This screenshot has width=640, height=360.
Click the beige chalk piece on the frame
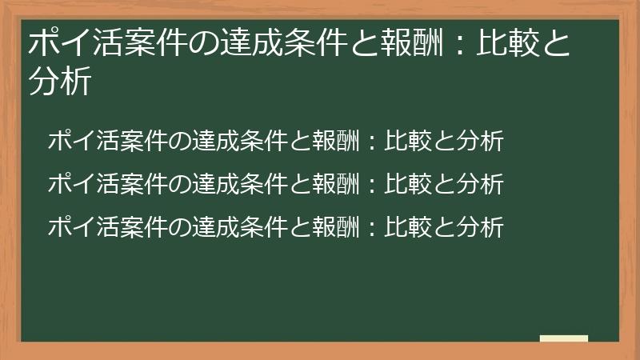tap(564, 338)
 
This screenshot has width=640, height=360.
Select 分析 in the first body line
tap(483, 142)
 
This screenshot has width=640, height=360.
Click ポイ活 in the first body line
tap(77, 142)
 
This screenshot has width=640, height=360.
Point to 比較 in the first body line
tap(404, 142)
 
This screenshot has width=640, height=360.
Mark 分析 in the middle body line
tap(483, 185)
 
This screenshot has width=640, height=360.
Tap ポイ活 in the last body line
tap(77, 227)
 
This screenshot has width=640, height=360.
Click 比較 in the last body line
tap(404, 227)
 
